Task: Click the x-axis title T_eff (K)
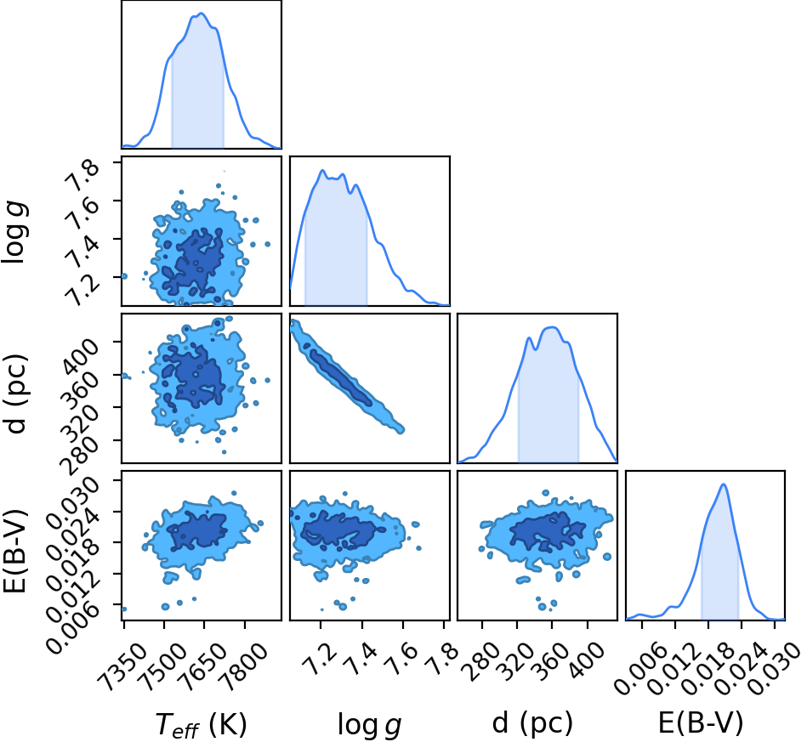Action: pos(202,724)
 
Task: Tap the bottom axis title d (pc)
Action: pos(532,723)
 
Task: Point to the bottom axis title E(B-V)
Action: pos(701,723)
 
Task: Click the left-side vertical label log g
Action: pos(15,233)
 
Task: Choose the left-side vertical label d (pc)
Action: pos(15,394)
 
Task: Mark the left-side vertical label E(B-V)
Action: pos(15,551)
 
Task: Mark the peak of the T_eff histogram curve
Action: pos(202,14)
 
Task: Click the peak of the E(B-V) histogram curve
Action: pos(724,484)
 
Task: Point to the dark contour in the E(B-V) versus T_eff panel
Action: pos(197,530)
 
